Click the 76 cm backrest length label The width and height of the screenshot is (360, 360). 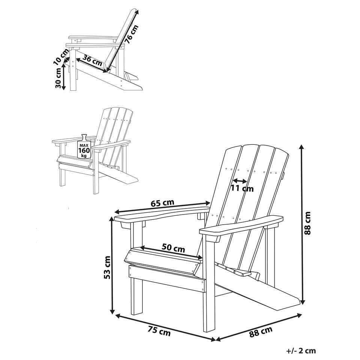coord(132,34)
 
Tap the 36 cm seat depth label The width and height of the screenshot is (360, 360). coord(93,60)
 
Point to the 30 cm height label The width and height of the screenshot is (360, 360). coord(58,78)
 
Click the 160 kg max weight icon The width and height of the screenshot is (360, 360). coord(84,146)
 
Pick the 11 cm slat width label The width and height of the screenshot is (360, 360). coord(242,189)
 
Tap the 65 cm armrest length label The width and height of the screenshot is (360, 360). coord(162,203)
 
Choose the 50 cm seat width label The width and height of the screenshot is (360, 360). coord(173,248)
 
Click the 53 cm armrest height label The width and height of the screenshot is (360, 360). coord(107,267)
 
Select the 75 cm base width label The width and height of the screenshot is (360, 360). coord(159,331)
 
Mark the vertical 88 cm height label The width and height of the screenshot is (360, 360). coord(307,223)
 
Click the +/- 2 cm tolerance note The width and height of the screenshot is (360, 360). coord(301,351)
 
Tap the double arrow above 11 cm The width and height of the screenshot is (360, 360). coord(240,181)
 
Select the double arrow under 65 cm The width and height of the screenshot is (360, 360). coord(162,207)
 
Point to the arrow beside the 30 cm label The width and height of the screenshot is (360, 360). coord(64,76)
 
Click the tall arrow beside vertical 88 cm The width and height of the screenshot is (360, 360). coord(303,224)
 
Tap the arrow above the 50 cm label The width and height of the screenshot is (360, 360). coord(171,252)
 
